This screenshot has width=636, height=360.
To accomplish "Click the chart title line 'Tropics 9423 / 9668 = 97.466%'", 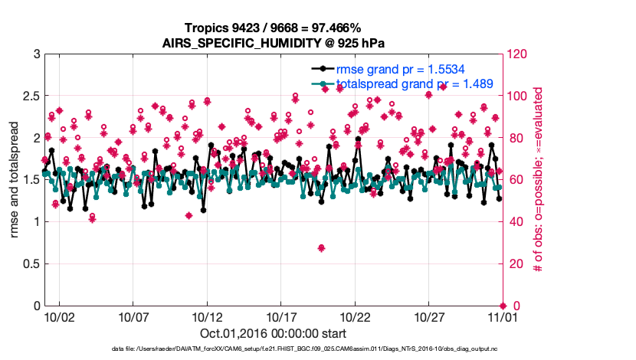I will [273, 28].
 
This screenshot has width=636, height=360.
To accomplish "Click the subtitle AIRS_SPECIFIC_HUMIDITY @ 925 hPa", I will [273, 42].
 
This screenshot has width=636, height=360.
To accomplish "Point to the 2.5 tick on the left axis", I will [30, 97].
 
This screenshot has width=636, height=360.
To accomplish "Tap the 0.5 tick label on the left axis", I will [30, 264].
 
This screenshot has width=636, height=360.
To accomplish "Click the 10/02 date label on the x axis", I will [60, 316].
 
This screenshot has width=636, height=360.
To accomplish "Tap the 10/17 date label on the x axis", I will [281, 316].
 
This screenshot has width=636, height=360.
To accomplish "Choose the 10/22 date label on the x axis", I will [355, 316].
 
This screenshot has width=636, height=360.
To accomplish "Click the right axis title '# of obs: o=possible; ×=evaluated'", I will [539, 180].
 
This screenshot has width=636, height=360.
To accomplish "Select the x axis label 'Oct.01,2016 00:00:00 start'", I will [273, 334].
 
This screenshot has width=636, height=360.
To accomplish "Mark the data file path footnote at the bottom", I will [273, 349].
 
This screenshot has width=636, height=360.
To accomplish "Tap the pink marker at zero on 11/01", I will [503, 306].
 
